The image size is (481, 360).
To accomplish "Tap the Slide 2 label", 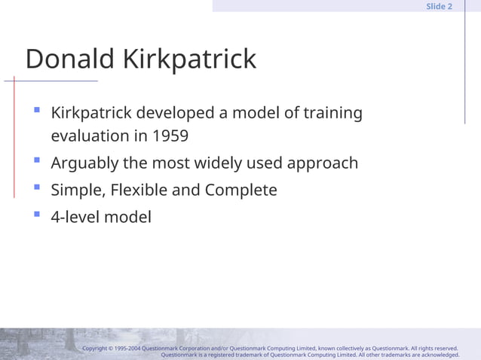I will coord(439,6).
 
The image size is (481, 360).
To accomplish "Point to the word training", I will coord(332,113).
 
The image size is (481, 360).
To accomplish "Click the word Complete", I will coord(240,190).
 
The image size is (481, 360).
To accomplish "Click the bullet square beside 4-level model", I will coord(36,214).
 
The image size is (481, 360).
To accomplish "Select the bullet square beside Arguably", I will coord(36,160).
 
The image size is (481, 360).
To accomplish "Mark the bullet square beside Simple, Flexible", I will coord(36,187).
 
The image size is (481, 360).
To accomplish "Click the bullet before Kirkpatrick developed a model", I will coord(36,110).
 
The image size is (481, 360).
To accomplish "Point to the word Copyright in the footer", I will coord(97,349).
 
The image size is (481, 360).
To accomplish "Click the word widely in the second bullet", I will coord(222,163).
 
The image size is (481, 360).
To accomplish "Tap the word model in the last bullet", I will coord(127,217).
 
